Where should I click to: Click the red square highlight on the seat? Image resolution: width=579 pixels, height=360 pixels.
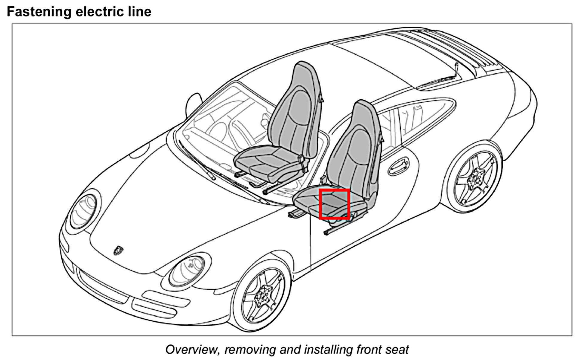tap(334, 204)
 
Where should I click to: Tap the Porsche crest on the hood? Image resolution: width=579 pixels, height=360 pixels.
tap(118, 250)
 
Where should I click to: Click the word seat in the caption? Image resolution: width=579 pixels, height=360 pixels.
tap(397, 350)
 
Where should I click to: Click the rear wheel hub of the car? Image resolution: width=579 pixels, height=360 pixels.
tap(476, 180)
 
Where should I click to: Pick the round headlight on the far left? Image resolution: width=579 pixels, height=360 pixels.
tap(83, 211)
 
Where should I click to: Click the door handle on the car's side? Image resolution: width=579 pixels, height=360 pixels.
tap(398, 166)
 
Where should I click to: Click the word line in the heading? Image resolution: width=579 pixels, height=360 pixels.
tap(141, 12)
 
